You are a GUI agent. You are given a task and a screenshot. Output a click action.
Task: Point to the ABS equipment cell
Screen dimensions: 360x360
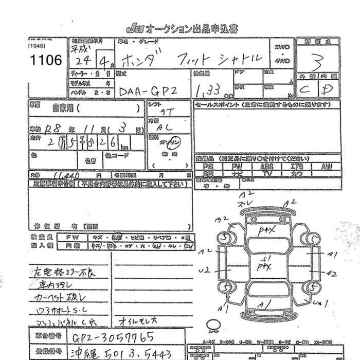[266, 167]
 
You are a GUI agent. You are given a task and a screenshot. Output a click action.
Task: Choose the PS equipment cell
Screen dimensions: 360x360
[208, 167]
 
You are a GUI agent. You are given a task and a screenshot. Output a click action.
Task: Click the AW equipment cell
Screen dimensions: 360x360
[327, 167]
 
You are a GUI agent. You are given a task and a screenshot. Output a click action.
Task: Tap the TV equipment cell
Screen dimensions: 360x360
[266, 174]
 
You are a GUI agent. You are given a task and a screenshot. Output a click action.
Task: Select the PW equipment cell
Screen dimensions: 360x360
[237, 167]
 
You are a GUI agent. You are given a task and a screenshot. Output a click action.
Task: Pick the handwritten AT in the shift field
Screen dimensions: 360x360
[167, 111]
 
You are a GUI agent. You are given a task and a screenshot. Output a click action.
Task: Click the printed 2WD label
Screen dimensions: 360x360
[282, 47]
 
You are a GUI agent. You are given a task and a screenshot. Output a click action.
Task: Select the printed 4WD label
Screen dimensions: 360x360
[282, 60]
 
